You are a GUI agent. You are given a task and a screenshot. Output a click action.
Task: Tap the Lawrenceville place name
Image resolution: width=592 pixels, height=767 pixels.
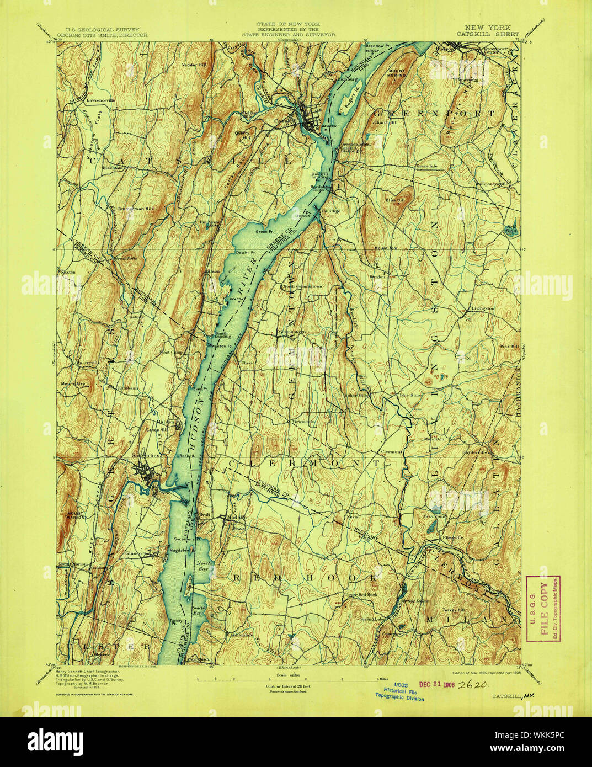coord(99,101)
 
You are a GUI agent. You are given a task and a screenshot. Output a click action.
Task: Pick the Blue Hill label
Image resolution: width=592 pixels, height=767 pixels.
coord(395,201)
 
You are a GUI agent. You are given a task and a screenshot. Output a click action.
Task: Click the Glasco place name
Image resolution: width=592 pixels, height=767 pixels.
coord(134,553)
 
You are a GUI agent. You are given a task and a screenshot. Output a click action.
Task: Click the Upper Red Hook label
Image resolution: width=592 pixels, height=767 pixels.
coord(361,594)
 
